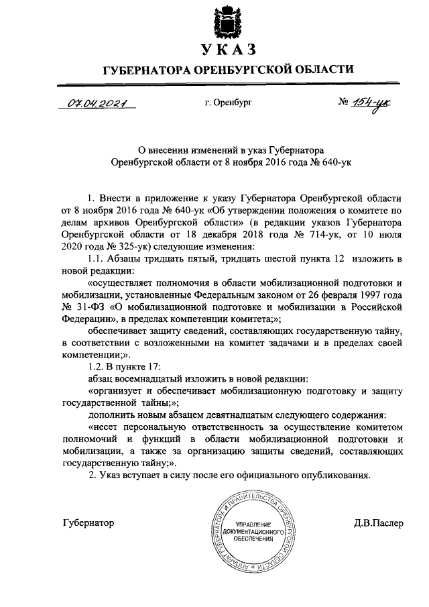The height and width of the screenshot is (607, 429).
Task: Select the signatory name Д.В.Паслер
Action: pos(379,522)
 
